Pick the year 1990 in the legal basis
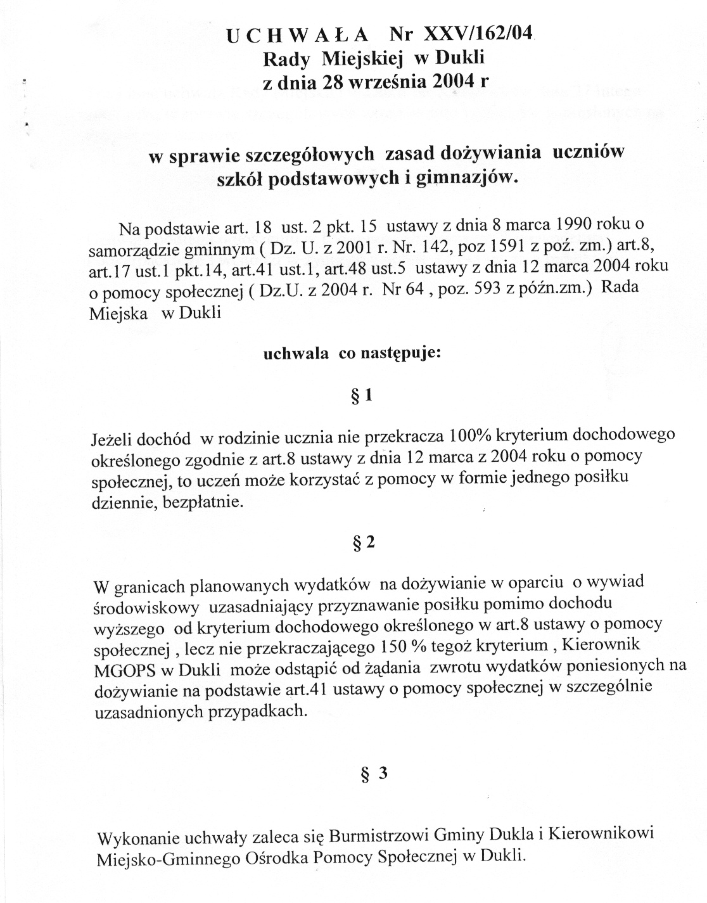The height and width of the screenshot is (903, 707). (576, 226)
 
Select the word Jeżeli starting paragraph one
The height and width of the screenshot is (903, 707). (112, 438)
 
